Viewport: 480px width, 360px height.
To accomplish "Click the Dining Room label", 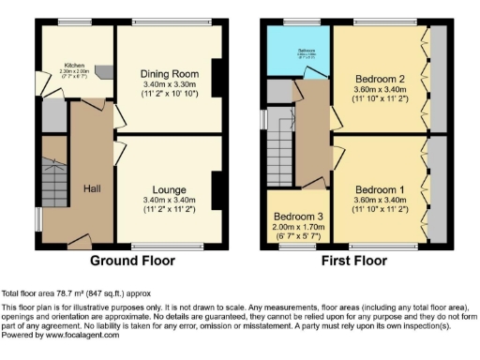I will [169, 74].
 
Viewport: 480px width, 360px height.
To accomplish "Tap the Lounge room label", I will [170, 189].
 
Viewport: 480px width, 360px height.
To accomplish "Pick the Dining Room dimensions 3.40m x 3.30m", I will [169, 85].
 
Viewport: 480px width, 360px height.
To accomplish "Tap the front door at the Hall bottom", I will [82, 243].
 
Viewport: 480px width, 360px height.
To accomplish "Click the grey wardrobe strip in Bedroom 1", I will [437, 192].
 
